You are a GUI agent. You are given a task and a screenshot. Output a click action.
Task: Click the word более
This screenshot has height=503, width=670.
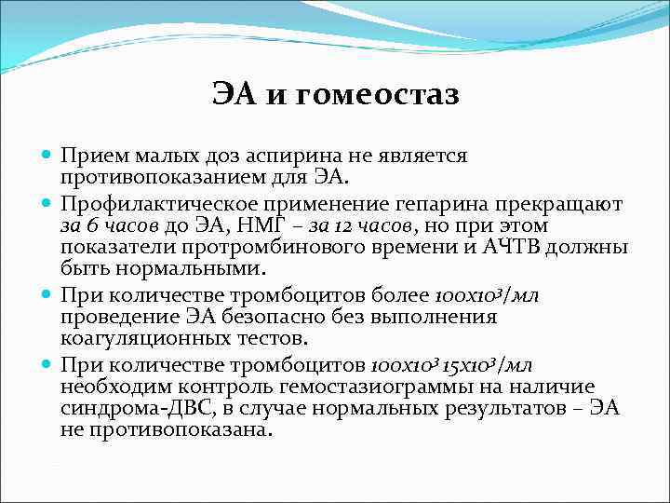(401, 295)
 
